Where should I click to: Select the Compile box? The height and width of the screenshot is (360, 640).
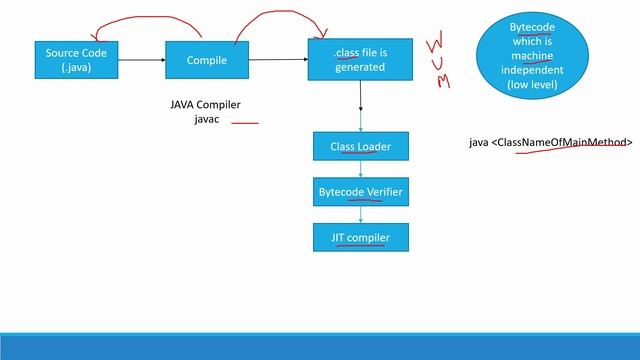tap(207, 60)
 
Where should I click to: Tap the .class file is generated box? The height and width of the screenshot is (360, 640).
tap(359, 60)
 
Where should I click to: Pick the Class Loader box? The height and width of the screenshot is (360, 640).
tap(360, 146)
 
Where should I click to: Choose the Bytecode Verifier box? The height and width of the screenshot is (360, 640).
tap(360, 190)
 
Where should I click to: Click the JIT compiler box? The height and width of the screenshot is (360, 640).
tap(360, 237)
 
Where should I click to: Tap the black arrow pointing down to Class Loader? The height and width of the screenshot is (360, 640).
tap(360, 105)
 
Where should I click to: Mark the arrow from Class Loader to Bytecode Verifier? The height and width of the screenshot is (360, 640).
tap(360, 168)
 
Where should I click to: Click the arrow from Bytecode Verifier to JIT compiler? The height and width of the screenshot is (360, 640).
tap(360, 212)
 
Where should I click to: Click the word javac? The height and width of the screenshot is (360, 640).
tap(206, 120)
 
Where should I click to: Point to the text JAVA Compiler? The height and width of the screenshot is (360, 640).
tap(206, 105)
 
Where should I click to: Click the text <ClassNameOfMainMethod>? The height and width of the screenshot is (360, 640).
tap(563, 143)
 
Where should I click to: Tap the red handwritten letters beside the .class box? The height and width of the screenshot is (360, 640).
tap(438, 62)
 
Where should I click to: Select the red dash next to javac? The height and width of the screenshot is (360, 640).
tap(245, 124)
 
